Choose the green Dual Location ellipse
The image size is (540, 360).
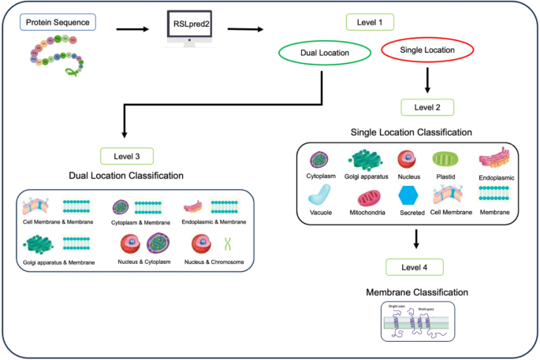tap(325, 53)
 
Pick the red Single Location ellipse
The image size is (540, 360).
tap(428, 50)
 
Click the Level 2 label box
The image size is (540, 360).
tap(426, 106)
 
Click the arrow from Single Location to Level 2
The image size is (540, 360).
tap(426, 79)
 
